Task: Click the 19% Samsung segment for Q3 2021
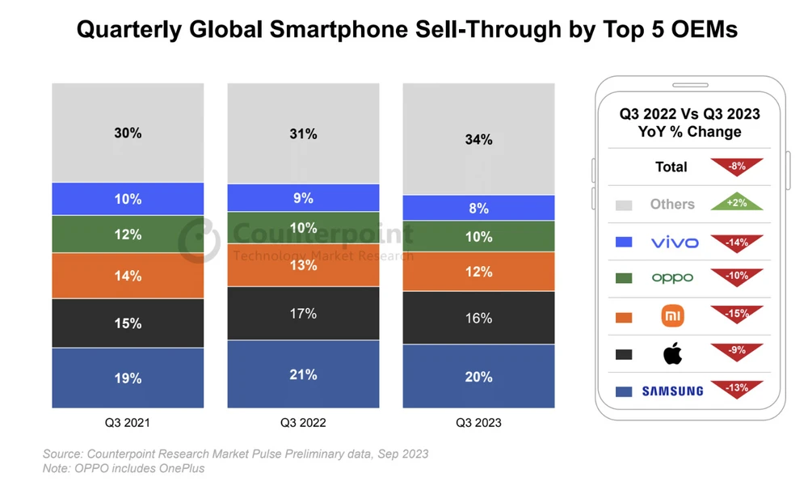128,378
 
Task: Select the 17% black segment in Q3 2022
303,313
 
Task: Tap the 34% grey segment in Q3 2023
478,139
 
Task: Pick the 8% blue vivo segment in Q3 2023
478,208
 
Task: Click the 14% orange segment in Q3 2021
128,276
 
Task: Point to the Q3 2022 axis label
303,422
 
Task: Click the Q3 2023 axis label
478,422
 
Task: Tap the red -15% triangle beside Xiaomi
736,314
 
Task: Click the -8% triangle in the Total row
736,167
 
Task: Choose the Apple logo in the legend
672,353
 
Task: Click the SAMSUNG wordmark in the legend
672,391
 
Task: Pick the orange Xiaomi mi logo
672,316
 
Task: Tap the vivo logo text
672,242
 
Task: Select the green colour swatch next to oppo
623,278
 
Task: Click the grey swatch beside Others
623,205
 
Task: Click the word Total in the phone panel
671,167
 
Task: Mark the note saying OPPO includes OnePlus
124,469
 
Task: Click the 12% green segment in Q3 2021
128,234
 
